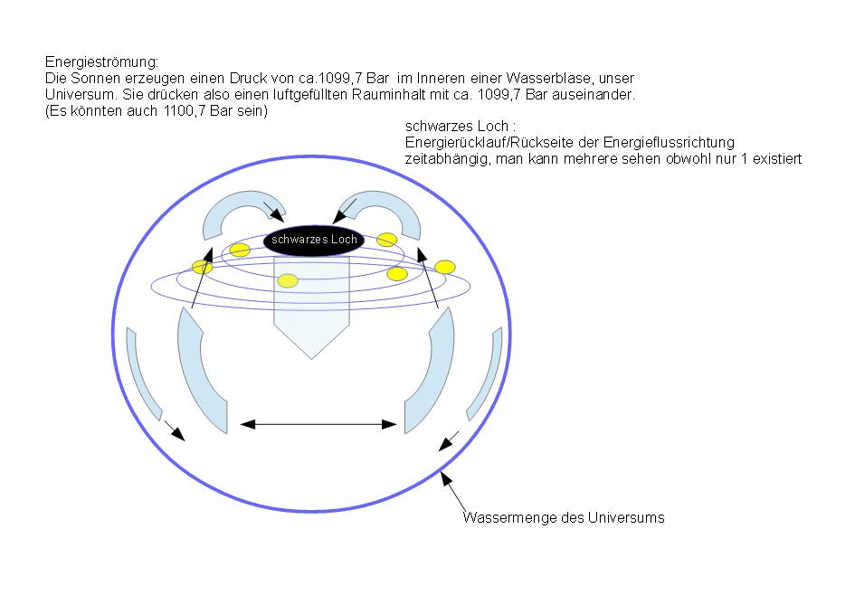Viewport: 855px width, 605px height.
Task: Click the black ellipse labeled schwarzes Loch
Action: [314, 240]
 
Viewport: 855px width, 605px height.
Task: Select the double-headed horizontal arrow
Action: [318, 424]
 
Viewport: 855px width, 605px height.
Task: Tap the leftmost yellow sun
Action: [202, 267]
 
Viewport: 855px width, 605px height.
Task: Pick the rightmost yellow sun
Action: [445, 267]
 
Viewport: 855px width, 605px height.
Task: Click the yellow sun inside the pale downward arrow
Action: [288, 280]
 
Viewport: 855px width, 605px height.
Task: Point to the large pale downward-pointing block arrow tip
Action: [311, 359]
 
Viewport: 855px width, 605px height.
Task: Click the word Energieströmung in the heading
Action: [101, 62]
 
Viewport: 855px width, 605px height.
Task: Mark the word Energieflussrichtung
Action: [669, 143]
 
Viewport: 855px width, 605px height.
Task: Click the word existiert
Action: [777, 159]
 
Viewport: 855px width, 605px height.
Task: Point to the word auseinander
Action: [594, 95]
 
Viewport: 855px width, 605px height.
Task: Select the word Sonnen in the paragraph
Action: [95, 78]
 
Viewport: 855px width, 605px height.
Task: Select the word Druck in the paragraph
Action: [248, 78]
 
